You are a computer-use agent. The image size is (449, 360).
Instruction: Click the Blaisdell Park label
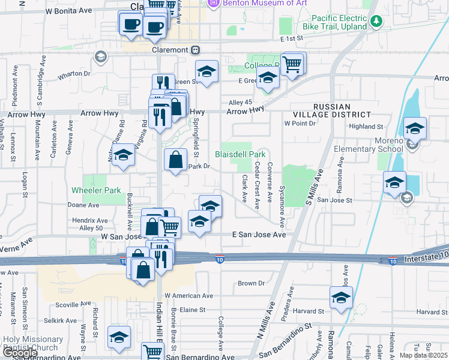point(240,155)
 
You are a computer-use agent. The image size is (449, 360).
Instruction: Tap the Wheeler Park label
point(96,190)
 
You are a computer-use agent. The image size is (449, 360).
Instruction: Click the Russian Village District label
point(332,109)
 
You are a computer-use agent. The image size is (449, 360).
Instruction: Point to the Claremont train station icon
point(196,50)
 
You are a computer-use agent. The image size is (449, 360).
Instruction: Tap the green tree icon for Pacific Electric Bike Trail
point(376,22)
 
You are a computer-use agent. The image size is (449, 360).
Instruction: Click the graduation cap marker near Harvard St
point(340,297)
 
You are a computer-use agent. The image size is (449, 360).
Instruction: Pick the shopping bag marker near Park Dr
point(175,160)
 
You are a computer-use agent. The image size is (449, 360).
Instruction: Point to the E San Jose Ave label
point(259,235)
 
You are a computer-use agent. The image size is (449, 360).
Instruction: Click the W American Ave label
point(189,296)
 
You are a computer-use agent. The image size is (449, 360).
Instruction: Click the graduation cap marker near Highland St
point(415,128)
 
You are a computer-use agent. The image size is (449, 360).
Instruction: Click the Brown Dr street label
point(251,283)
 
